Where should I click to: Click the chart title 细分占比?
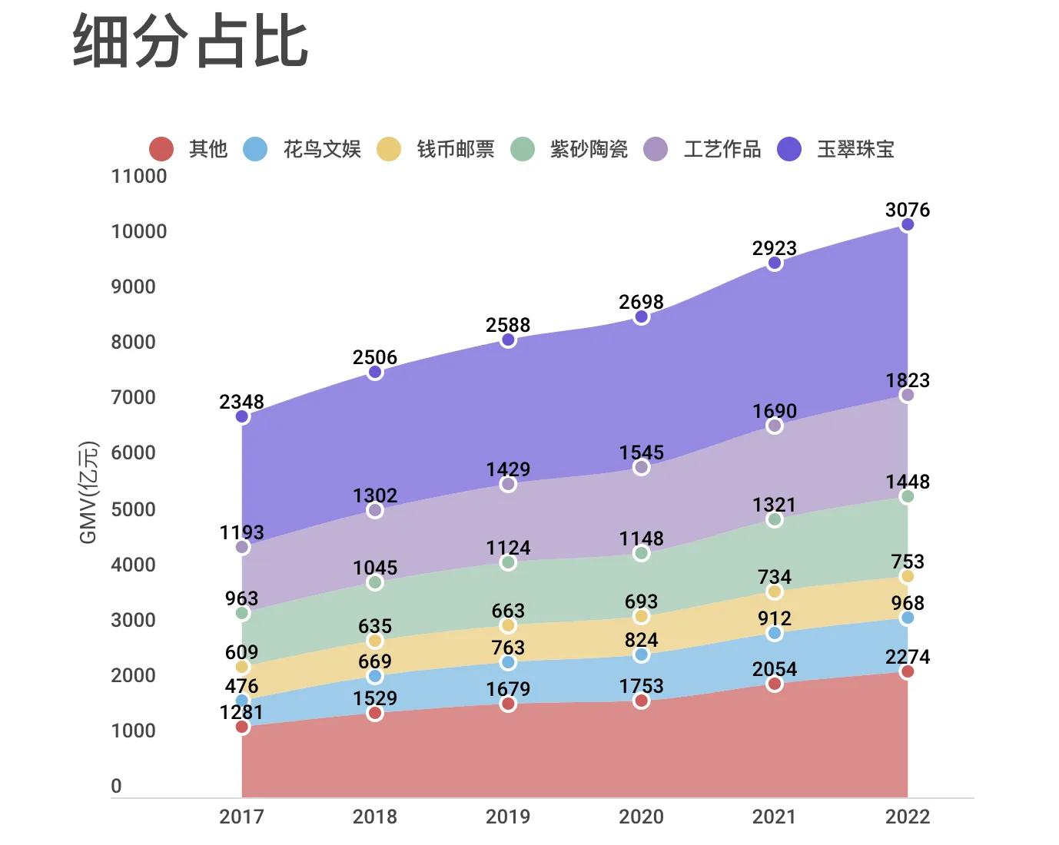click(x=191, y=41)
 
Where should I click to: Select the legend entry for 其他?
click(x=189, y=148)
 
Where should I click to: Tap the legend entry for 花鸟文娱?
click(x=303, y=148)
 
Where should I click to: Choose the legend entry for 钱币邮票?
click(x=437, y=148)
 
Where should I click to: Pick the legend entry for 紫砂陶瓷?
click(x=569, y=148)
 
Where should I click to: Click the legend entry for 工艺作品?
click(x=703, y=148)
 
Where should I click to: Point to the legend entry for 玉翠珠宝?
click(x=836, y=148)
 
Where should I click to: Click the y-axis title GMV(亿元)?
click(x=89, y=492)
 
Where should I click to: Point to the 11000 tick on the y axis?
click(x=139, y=176)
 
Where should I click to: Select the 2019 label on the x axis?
click(x=508, y=817)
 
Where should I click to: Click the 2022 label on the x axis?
click(x=908, y=817)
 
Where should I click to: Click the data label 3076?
click(x=908, y=210)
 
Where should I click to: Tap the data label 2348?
click(x=241, y=402)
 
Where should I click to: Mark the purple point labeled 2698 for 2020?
click(x=642, y=317)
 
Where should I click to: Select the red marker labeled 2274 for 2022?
click(x=908, y=672)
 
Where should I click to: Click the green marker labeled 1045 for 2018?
click(x=375, y=583)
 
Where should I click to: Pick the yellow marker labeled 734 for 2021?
click(x=775, y=592)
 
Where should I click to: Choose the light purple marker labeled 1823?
click(x=908, y=396)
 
